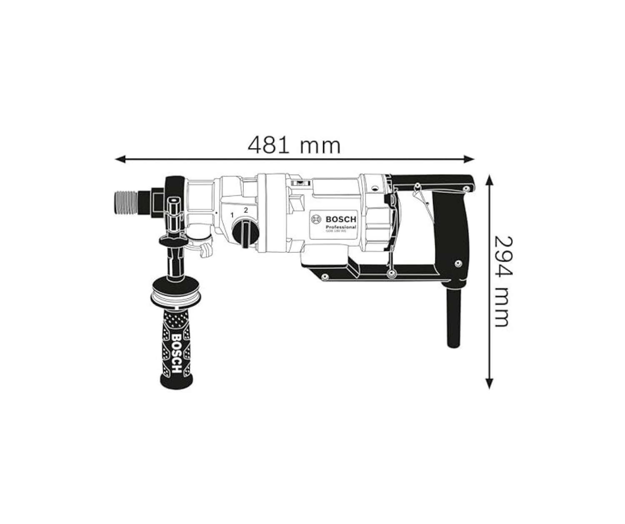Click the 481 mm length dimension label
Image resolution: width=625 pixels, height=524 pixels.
click(x=294, y=145)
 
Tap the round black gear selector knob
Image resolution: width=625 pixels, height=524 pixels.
click(x=245, y=234)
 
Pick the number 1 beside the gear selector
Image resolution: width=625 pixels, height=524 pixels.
click(x=232, y=215)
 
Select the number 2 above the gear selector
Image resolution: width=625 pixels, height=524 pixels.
click(x=246, y=210)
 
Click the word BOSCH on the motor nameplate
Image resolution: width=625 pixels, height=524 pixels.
click(x=340, y=219)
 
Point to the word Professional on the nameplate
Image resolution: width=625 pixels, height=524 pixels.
click(x=340, y=227)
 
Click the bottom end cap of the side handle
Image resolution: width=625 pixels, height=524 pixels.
click(x=177, y=382)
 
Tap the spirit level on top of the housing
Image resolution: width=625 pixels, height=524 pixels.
click(x=299, y=182)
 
